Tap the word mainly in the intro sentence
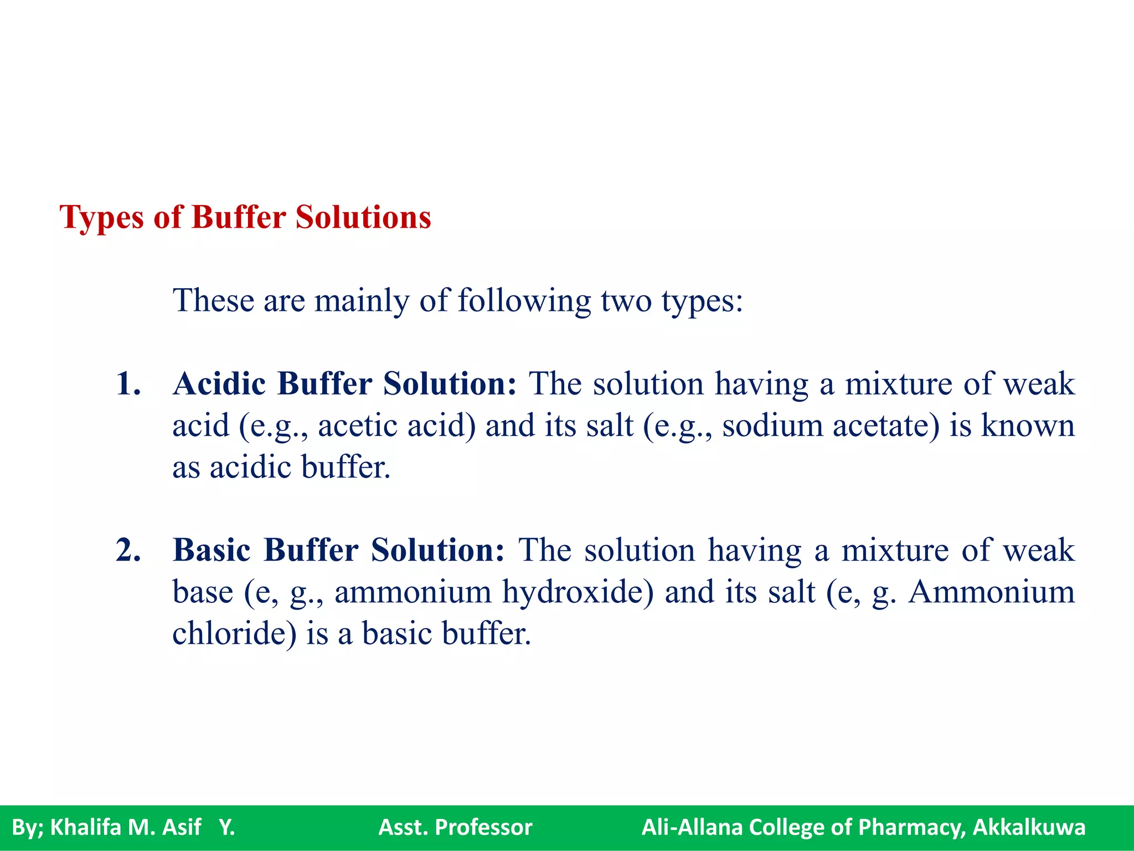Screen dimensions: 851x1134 (362, 301)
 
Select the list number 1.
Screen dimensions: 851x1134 (128, 383)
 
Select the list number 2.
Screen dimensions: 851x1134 (128, 550)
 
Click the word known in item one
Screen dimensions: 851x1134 (1028, 425)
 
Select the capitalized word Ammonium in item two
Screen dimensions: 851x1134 (991, 592)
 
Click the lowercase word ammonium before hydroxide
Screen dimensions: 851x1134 (413, 592)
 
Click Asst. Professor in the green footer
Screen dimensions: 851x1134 (455, 827)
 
